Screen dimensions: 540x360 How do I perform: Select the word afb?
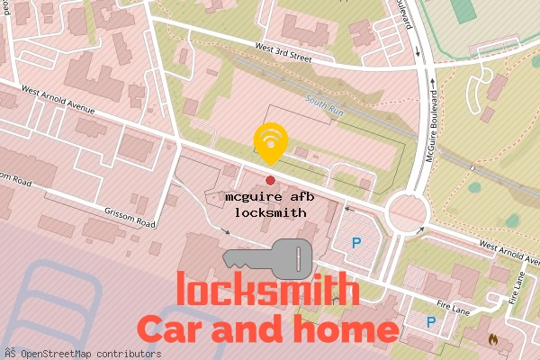[x=298, y=196]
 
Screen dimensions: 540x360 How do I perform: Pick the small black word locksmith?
[x=270, y=212]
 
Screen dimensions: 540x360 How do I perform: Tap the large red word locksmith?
[x=268, y=291]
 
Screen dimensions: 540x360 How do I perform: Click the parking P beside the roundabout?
[x=356, y=242]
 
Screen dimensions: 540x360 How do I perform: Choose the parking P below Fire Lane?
[x=431, y=321]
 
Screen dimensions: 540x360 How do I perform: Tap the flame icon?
[x=492, y=340]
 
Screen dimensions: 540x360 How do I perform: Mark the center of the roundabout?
[x=406, y=214]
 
